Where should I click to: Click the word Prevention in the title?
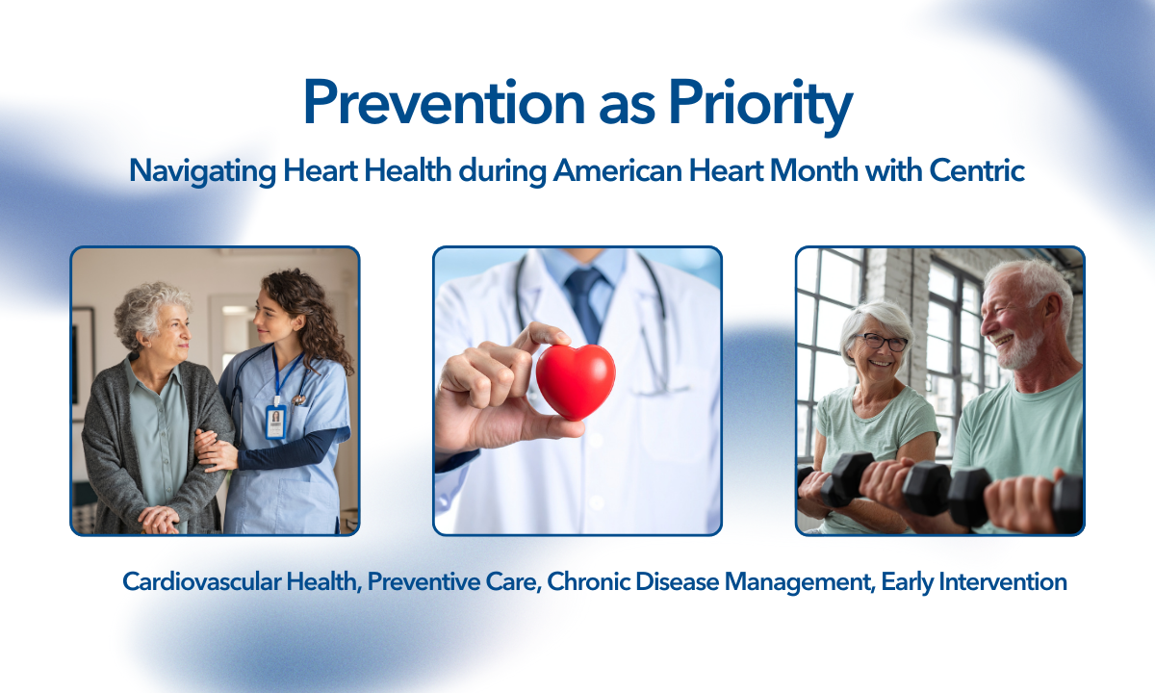(x=444, y=102)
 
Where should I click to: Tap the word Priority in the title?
(x=761, y=107)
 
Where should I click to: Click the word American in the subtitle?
(x=618, y=170)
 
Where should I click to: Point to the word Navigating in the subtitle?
(x=202, y=171)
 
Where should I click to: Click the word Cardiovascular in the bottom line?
(x=201, y=581)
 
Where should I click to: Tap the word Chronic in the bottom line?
(x=587, y=581)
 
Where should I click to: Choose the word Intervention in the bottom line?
(x=1003, y=581)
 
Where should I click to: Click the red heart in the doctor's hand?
(x=576, y=380)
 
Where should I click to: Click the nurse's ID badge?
(x=276, y=422)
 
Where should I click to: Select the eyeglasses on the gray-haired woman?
(x=881, y=342)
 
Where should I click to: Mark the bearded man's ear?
(x=1053, y=313)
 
